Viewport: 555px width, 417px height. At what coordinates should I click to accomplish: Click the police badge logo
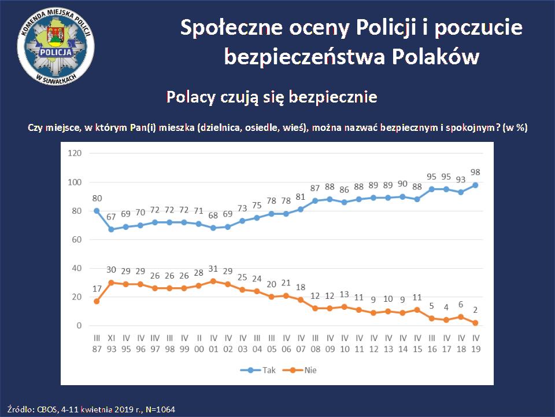pos(57,49)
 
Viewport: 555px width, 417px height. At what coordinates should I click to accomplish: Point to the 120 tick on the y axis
pos(75,153)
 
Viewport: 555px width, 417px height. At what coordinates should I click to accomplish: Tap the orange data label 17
pos(97,288)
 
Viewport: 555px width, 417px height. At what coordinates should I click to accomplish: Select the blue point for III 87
pos(97,211)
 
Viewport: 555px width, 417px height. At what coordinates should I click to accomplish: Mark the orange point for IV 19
pos(475,323)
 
